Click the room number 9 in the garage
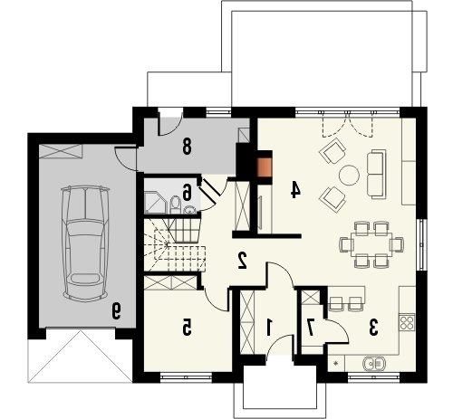[117, 311]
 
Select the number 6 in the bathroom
[188, 193]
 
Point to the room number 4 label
[295, 190]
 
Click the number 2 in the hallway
[243, 261]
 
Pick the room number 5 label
[187, 328]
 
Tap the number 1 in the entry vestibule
[269, 328]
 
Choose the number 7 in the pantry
[310, 328]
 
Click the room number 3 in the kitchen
[373, 328]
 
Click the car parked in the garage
[85, 243]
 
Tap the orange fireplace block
[264, 167]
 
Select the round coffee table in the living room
[349, 175]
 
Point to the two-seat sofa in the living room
[376, 174]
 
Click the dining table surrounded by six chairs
[371, 244]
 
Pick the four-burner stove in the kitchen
[407, 322]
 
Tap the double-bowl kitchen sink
[374, 364]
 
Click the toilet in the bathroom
[175, 205]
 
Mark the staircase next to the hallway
[175, 244]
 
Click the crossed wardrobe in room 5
[170, 283]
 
